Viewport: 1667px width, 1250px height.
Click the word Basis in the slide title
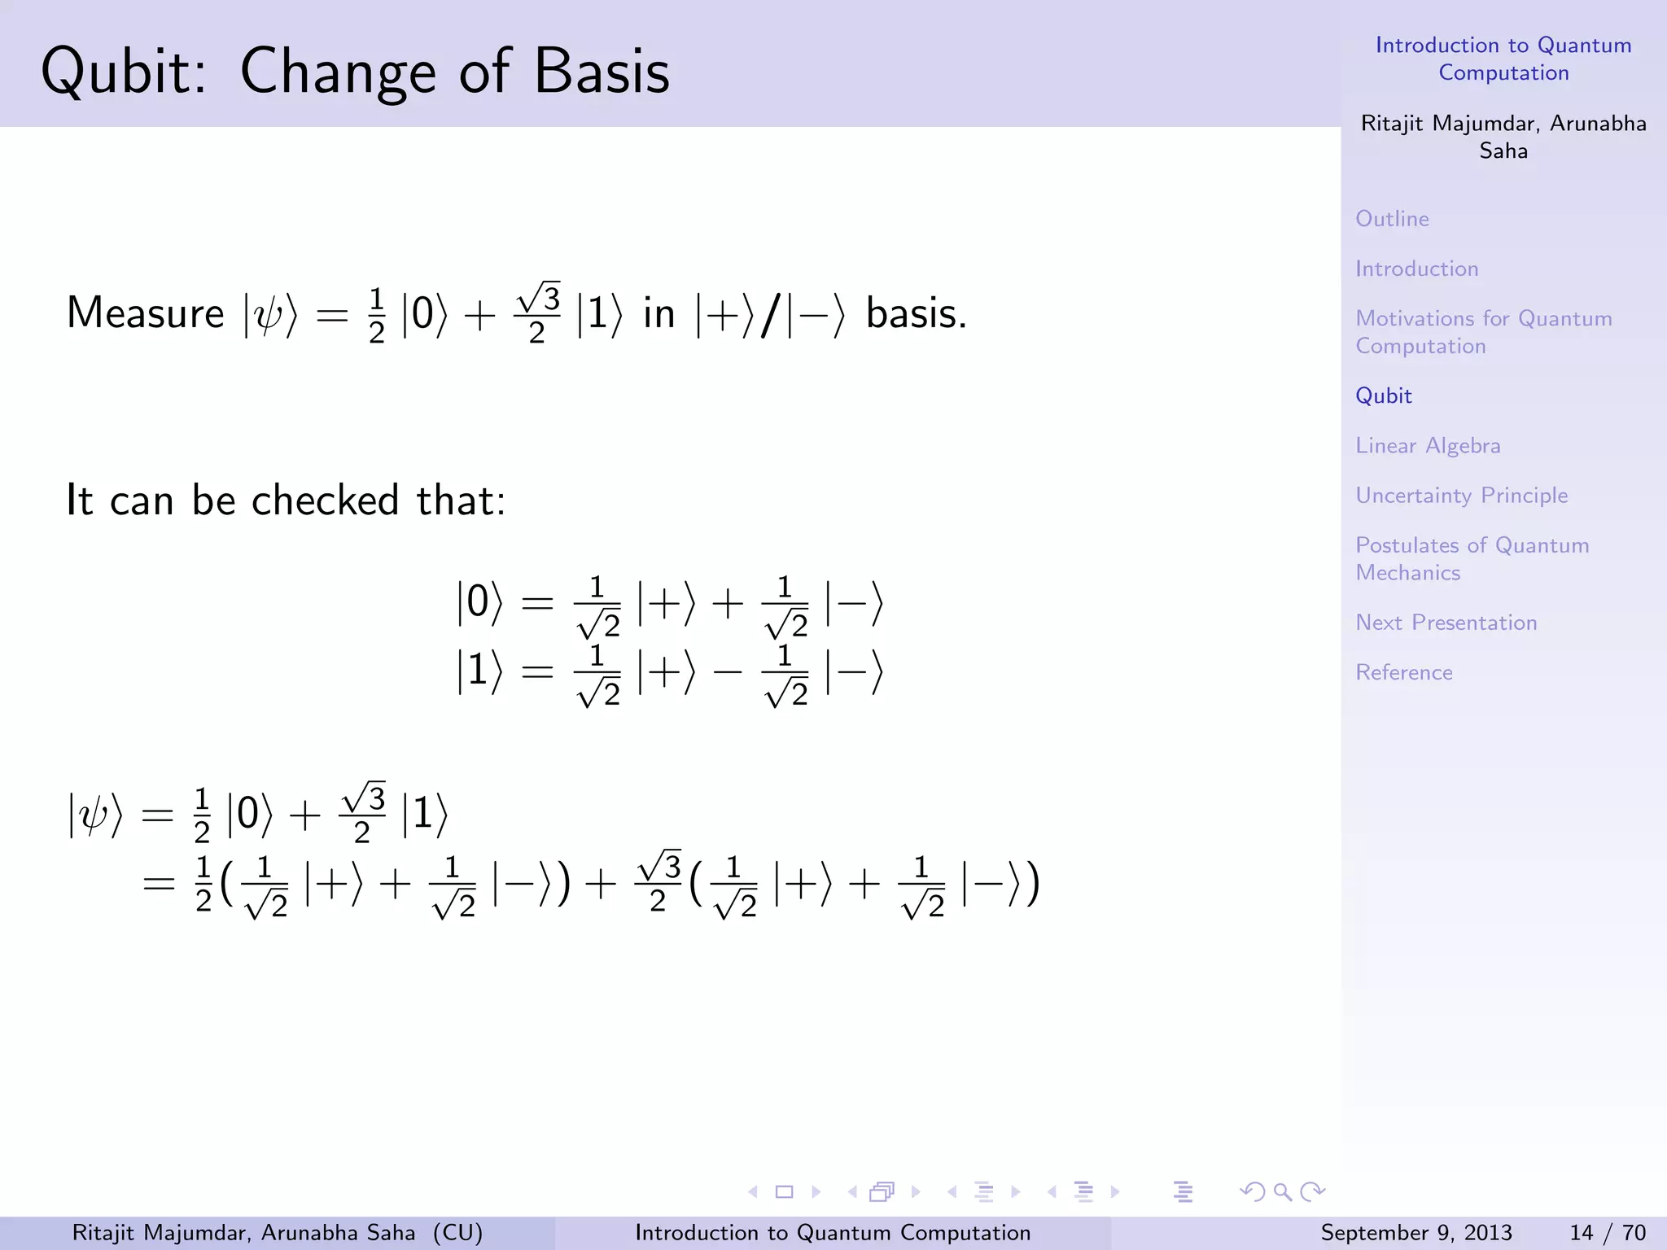(x=602, y=72)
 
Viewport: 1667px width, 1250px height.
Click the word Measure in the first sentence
(x=145, y=313)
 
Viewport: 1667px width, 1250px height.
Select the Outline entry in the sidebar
(x=1392, y=219)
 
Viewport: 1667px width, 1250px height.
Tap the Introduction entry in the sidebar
(x=1416, y=269)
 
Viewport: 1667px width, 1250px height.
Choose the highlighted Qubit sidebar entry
(x=1383, y=396)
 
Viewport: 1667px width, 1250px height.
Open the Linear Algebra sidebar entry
(x=1428, y=446)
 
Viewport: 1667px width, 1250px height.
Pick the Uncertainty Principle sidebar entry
(x=1461, y=496)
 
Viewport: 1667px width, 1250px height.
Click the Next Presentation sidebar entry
(x=1446, y=623)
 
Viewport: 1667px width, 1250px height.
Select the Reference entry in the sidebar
(x=1403, y=672)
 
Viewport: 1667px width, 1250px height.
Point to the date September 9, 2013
(x=1415, y=1233)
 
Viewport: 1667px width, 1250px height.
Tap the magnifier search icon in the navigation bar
(x=1283, y=1192)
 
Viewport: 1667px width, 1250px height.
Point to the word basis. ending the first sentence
(x=916, y=313)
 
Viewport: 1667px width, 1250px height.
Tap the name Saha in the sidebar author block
(x=1503, y=151)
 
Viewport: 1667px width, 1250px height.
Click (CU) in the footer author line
(x=457, y=1233)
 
